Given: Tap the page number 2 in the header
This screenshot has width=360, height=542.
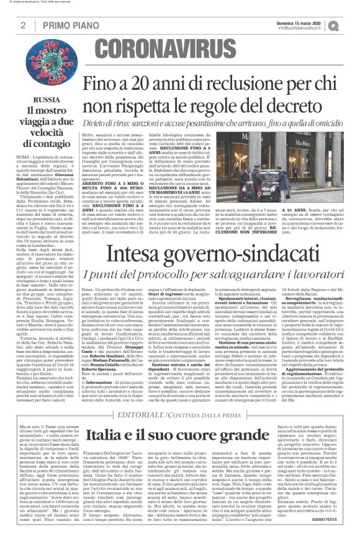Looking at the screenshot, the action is click(x=23, y=25).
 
